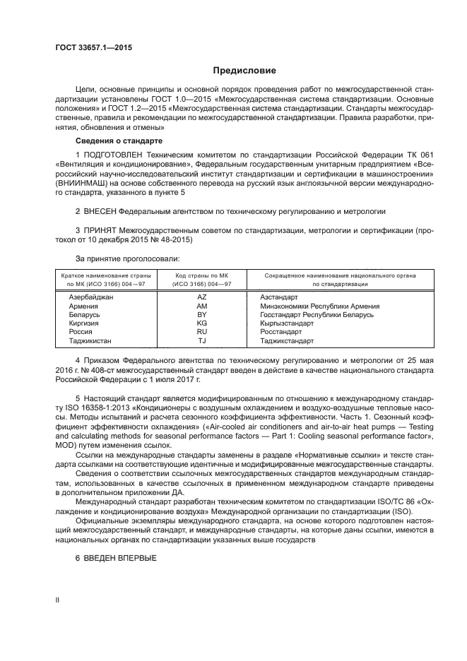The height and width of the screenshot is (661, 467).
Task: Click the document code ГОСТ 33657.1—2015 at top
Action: (93, 47)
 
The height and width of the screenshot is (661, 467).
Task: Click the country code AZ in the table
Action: (201, 297)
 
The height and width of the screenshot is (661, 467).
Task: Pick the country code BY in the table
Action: (201, 314)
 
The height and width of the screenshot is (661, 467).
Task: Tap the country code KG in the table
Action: (201, 323)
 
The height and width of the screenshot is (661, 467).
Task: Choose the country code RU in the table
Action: (201, 331)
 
